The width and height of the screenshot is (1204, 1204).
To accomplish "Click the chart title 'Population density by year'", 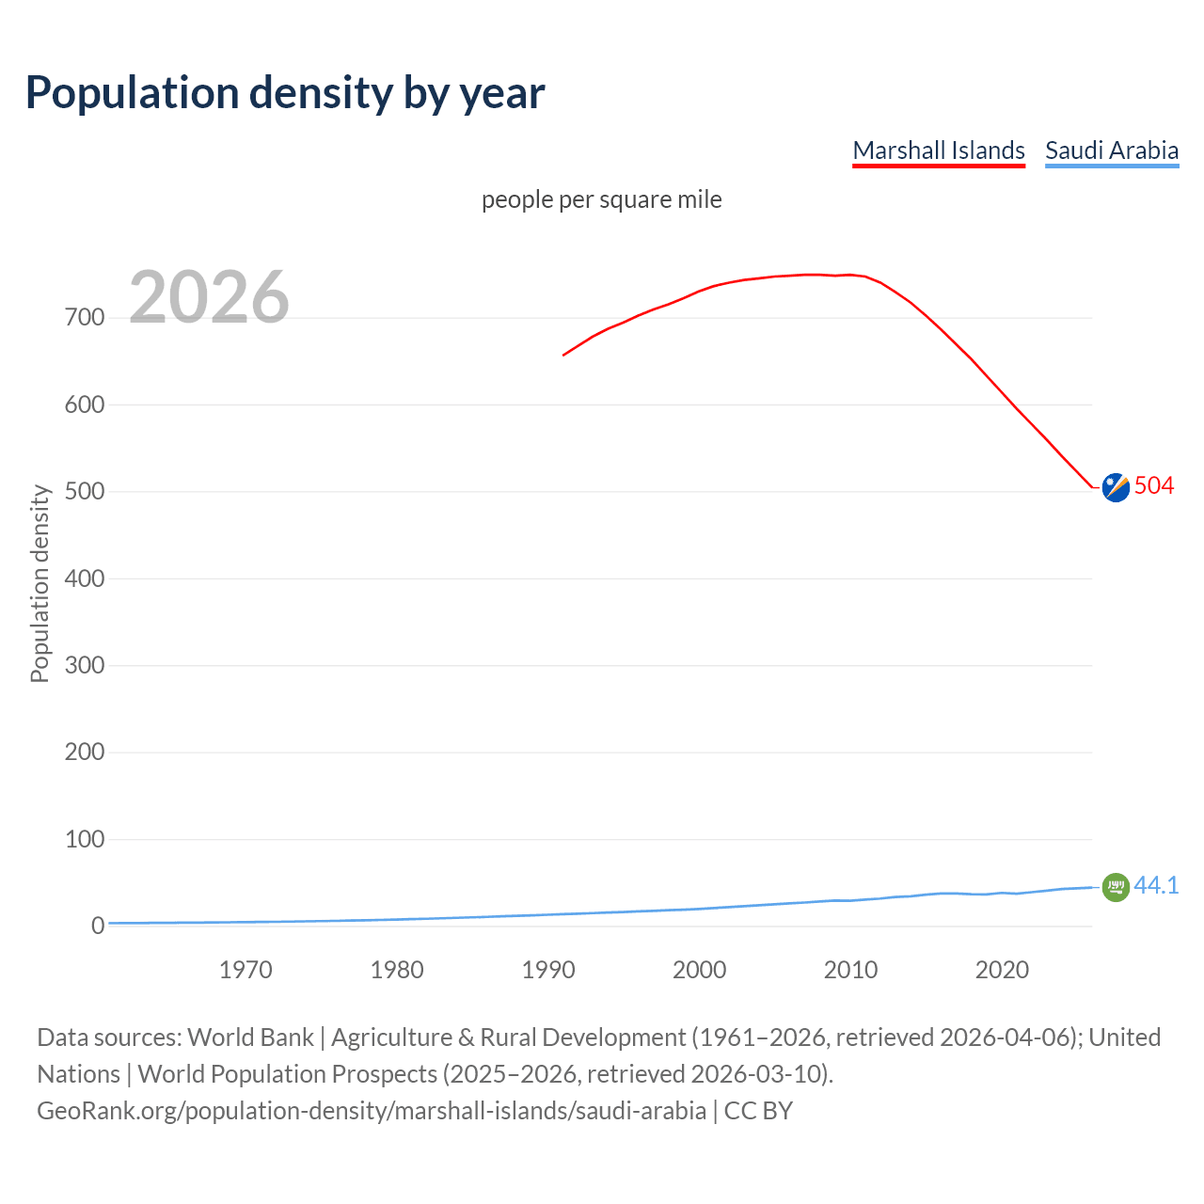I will click(x=285, y=93).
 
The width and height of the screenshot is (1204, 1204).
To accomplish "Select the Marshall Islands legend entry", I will click(x=938, y=150).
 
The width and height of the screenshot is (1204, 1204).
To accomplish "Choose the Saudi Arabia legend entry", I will click(x=1111, y=150).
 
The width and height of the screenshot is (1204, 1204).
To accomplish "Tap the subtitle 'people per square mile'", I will click(x=601, y=199).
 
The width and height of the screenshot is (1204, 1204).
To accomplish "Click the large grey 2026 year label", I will click(x=209, y=297).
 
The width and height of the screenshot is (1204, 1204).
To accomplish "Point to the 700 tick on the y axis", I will click(x=85, y=318).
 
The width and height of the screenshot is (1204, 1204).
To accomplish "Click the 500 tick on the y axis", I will click(x=85, y=492).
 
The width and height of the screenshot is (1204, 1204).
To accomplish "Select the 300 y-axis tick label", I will click(x=85, y=666).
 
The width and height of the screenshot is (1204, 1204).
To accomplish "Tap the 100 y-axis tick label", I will click(x=85, y=839).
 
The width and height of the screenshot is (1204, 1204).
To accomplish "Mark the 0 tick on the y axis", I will click(x=98, y=926).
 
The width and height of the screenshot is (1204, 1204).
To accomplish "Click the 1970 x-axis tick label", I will click(x=246, y=970).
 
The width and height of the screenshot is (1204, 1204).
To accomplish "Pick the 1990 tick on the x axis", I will click(x=548, y=970).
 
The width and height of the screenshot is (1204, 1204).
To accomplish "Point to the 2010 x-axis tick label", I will click(x=850, y=970).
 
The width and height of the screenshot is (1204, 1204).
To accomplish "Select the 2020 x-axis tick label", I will click(x=1002, y=970).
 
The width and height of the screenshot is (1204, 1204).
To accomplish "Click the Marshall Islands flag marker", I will click(x=1116, y=487).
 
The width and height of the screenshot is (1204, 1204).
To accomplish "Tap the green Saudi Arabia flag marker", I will click(x=1116, y=887).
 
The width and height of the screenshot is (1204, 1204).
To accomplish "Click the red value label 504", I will click(x=1154, y=485).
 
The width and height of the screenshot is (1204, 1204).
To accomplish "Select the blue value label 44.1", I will click(x=1156, y=885).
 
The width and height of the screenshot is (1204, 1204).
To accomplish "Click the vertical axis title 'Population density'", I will click(x=40, y=583).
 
